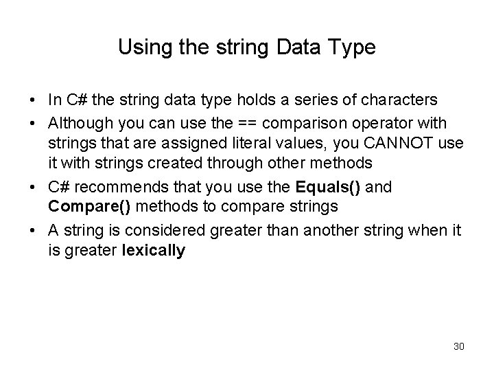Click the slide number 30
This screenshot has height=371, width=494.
tap(459, 346)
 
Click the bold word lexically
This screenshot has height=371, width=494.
tap(153, 251)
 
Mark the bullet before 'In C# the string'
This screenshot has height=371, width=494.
tap(34, 101)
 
